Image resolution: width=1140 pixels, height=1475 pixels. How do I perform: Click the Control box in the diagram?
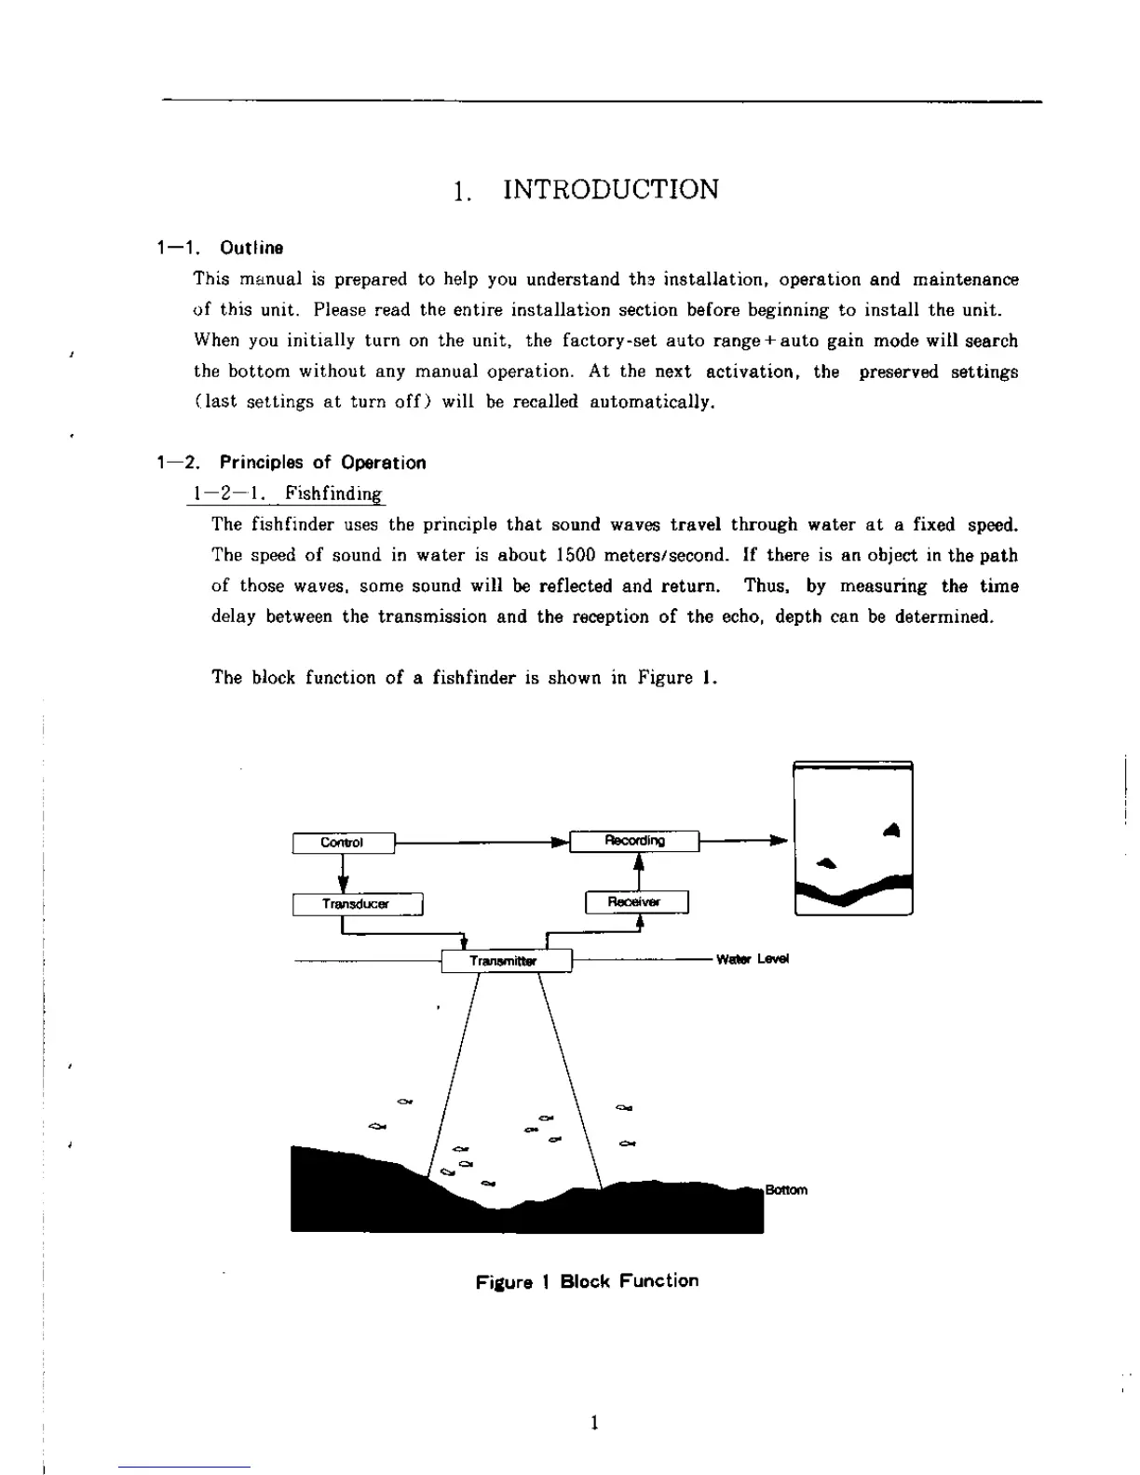343,843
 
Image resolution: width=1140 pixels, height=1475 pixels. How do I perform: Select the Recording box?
634,841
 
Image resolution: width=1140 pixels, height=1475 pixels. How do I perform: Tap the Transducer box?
357,904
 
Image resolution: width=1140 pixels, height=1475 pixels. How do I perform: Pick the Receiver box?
636,902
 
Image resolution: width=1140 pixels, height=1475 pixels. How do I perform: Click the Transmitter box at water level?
505,960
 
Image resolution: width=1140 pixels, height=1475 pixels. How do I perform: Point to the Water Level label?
753,959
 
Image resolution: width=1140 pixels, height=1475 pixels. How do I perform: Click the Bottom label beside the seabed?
786,1190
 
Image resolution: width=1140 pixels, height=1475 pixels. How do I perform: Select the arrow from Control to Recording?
480,843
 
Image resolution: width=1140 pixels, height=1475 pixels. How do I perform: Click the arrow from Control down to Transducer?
344,873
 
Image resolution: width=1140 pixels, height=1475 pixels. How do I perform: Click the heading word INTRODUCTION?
610,190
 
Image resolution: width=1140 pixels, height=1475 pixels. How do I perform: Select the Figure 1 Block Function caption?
587,1281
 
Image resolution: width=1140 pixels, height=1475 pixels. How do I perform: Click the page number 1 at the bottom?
594,1422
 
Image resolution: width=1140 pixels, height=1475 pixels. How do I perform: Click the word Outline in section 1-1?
251,248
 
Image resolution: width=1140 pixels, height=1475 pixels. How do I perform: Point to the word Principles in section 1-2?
261,463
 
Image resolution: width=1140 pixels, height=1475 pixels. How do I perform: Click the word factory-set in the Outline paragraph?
600,341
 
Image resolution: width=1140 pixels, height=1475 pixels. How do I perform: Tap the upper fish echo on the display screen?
892,829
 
